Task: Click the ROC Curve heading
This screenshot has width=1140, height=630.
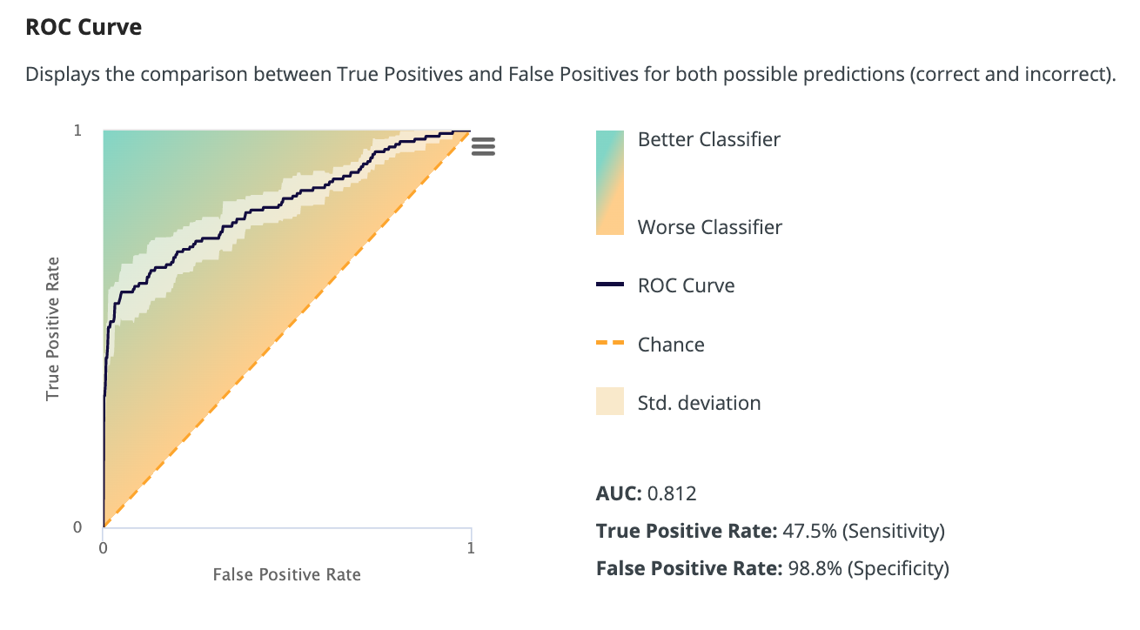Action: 84,27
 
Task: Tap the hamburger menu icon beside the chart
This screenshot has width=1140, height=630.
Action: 483,146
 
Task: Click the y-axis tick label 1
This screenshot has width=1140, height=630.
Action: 77,131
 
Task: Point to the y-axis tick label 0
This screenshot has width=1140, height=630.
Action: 77,527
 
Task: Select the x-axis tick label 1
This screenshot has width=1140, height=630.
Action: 471,548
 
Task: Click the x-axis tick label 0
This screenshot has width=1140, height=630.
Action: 104,548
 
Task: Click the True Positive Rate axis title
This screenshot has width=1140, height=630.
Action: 53,328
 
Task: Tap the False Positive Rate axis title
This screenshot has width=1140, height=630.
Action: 286,574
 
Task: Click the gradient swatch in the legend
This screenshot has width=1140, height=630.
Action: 609,183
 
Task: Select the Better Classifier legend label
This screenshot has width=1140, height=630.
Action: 709,139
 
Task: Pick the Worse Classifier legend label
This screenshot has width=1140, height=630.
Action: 710,228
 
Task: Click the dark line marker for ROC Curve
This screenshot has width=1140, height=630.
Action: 609,285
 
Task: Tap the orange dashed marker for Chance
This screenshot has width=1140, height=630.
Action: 609,345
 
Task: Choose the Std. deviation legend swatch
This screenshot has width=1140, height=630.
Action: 609,403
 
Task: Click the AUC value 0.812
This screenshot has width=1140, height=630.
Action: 672,494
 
